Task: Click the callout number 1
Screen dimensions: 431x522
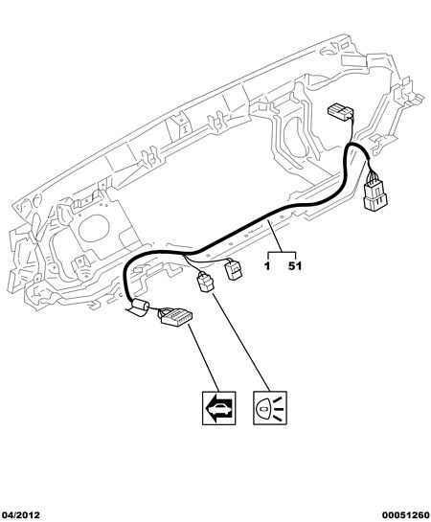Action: pos(267,266)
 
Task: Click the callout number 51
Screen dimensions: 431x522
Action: pos(295,266)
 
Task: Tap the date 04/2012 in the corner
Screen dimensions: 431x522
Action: pos(20,515)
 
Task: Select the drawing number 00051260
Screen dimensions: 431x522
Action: pos(406,515)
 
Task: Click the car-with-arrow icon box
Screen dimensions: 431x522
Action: pos(219,408)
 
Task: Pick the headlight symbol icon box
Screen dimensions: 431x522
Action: pos(270,408)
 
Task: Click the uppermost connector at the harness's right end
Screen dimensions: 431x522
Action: pos(340,112)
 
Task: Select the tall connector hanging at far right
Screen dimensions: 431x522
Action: pos(375,195)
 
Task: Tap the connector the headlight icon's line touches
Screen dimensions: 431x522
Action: pos(206,282)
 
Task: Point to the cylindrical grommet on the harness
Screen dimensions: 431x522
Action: pos(139,306)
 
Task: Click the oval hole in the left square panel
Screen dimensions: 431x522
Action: pos(94,228)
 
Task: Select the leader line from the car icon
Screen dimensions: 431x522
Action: pos(204,358)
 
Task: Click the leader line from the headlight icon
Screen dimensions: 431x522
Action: pos(240,342)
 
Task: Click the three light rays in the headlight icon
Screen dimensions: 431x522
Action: pos(279,408)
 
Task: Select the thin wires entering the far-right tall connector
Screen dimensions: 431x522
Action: pos(371,174)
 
